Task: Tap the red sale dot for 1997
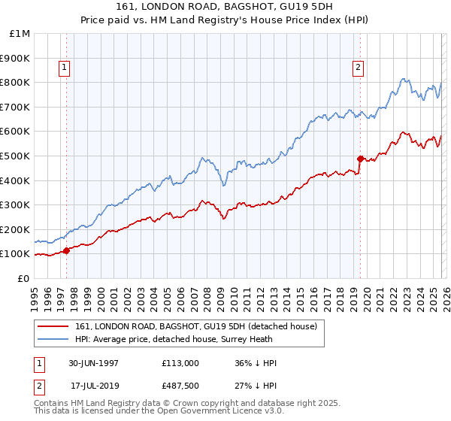click(67, 250)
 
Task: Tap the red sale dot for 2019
click(360, 159)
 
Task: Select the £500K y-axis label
click(17, 156)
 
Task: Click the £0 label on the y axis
click(23, 278)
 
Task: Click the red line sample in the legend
click(53, 326)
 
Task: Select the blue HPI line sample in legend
click(53, 339)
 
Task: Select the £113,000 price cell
click(180, 363)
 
